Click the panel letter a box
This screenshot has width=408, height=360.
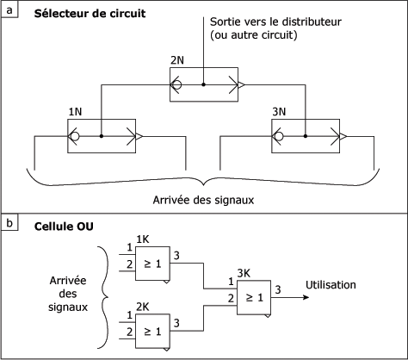coord(9,10)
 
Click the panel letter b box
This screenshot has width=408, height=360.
coord(9,223)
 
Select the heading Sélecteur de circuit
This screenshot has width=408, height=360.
coord(90,14)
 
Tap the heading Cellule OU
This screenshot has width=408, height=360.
coord(64,227)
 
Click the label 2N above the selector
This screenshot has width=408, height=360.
coord(177,60)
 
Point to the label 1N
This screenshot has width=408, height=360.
coord(75,112)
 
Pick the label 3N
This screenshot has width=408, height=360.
coord(279,112)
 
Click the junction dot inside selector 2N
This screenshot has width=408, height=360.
coord(203,84)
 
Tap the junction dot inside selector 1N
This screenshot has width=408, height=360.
coord(101,136)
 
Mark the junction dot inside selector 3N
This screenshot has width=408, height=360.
coord(306,136)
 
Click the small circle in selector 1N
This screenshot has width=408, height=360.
coord(75,136)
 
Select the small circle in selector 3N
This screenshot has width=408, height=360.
coord(279,136)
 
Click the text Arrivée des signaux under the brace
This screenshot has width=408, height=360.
coord(203,200)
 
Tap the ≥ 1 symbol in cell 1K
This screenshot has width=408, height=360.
coord(152,264)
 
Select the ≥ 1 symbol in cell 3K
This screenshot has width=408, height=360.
coord(254,297)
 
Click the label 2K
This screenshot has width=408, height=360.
coord(142,307)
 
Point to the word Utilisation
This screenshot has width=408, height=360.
coord(331,285)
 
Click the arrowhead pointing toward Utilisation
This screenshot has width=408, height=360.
coord(306,297)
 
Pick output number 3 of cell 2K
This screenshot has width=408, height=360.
coord(176,323)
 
